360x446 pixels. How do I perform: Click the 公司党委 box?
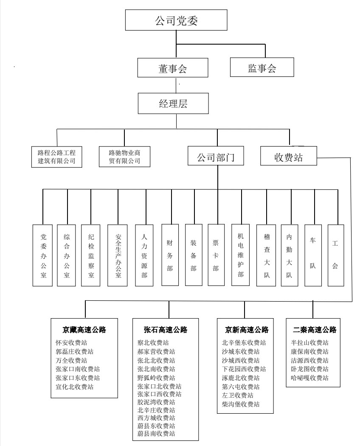(x=176, y=20)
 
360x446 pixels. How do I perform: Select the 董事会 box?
(x=173, y=68)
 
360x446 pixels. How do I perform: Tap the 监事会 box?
(x=262, y=68)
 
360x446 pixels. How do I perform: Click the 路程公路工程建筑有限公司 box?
(x=57, y=156)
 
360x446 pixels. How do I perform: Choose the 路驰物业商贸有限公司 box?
(x=124, y=156)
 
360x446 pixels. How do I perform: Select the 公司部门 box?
(x=217, y=157)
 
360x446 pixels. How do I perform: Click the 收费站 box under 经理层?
(x=288, y=157)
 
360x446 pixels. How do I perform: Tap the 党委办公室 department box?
(x=43, y=255)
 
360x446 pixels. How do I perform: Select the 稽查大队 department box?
(x=267, y=255)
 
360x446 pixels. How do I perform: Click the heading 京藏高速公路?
(x=84, y=330)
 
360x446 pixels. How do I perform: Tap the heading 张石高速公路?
(x=166, y=330)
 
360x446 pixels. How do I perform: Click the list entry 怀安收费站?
(x=72, y=343)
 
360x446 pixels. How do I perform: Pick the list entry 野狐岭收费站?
(x=156, y=378)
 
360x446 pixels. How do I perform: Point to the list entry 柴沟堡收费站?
(x=241, y=404)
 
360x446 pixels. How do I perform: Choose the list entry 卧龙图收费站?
(x=309, y=369)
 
